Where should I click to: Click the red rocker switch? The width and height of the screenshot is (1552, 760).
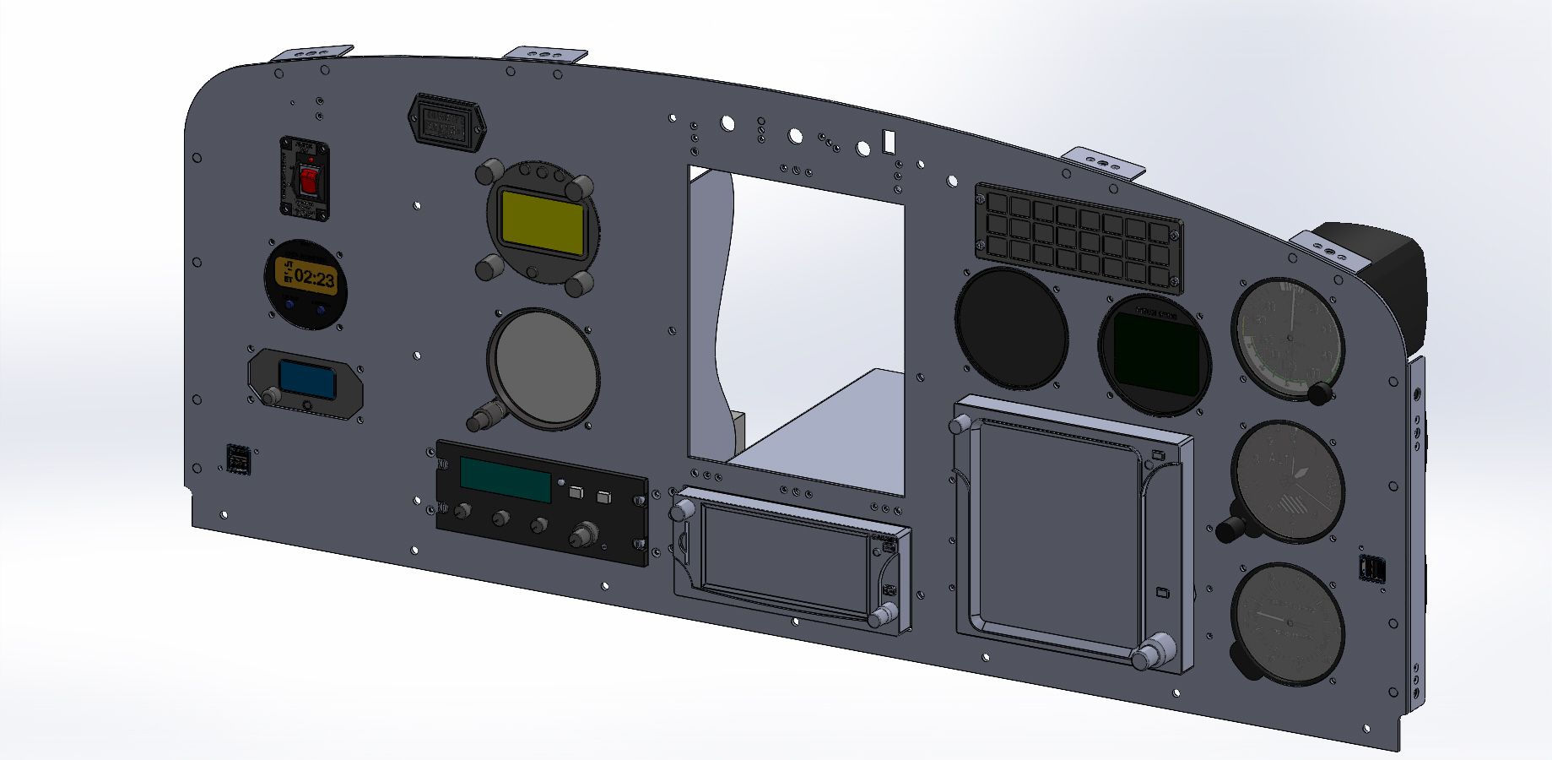click(309, 180)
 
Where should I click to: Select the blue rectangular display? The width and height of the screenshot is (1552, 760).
click(307, 380)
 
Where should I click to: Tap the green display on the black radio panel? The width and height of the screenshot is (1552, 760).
click(506, 479)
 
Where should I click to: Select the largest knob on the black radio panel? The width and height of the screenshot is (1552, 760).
click(581, 535)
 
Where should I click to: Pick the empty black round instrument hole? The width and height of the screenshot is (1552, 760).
click(1010, 328)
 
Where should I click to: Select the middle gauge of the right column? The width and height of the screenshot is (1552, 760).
click(1286, 480)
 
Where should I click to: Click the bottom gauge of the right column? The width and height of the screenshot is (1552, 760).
click(1286, 623)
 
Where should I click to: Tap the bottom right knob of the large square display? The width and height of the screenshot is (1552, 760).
click(1150, 655)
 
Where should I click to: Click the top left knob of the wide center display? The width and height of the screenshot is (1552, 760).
click(682, 510)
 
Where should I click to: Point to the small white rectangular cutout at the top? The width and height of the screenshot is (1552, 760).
click(888, 140)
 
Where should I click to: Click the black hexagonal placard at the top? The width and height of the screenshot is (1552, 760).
click(446, 123)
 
